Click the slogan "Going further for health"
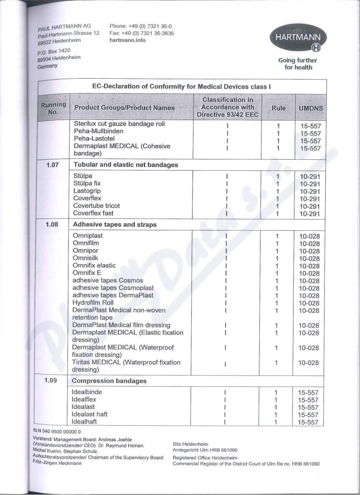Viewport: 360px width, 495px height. coord(297,64)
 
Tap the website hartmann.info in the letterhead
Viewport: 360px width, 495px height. coord(127,40)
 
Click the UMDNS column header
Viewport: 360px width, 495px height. coord(310,108)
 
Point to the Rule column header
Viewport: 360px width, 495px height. coord(279,108)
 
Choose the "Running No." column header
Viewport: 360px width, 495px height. coord(54,108)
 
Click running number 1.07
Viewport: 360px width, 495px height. coord(54,165)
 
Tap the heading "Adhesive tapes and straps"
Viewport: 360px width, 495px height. coord(114,224)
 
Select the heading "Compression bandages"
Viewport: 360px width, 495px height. coord(109,381)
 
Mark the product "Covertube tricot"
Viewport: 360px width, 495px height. coord(96,206)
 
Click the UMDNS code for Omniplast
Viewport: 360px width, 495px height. coord(309,237)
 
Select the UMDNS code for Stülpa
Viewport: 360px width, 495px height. coord(310,177)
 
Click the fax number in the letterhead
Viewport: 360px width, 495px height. coord(141,33)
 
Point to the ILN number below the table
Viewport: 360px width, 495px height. coord(56,431)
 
